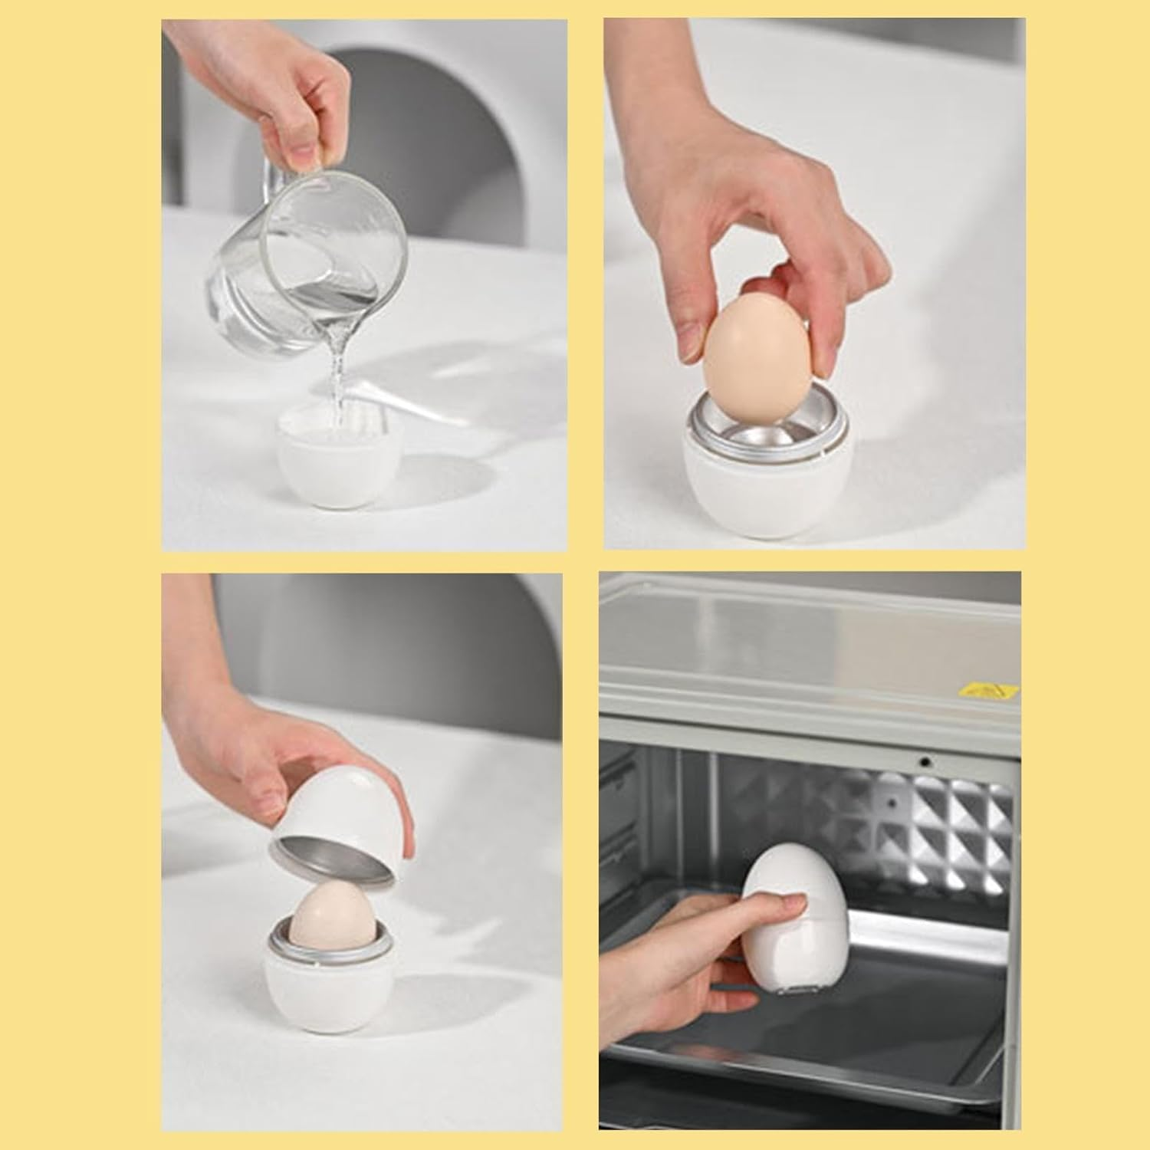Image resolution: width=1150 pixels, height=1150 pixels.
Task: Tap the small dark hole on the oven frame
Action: [x=926, y=761]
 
